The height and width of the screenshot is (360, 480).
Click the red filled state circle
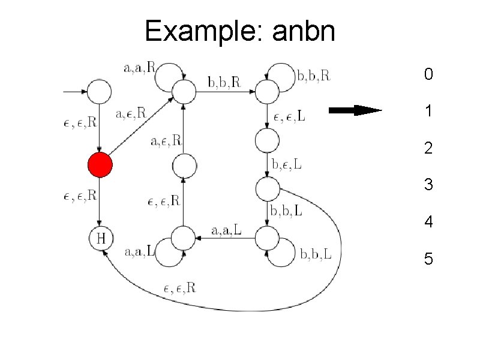tap(100, 164)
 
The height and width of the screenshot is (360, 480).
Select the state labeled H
tap(101, 239)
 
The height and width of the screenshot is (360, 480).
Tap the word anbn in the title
tap(303, 31)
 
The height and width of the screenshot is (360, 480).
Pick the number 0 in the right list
tap(427, 75)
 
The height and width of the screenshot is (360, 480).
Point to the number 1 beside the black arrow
tap(428, 111)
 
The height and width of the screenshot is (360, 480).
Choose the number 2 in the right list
tap(428, 148)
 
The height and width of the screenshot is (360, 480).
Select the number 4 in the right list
tap(428, 222)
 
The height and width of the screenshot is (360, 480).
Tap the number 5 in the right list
tap(428, 259)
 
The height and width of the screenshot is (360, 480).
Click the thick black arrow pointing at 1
tap(355, 110)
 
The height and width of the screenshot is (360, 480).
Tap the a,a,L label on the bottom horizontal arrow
tap(227, 230)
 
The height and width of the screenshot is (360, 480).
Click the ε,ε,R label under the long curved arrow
tap(179, 288)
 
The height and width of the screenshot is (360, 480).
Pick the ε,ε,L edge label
tap(289, 117)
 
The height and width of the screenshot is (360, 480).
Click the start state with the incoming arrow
tap(100, 92)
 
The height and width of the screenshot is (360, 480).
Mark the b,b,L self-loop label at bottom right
tap(316, 256)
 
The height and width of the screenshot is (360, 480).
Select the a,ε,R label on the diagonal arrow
tap(130, 112)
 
